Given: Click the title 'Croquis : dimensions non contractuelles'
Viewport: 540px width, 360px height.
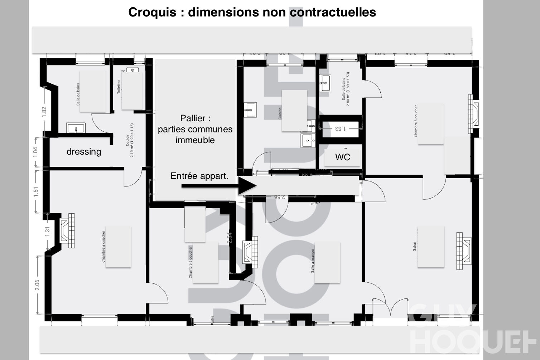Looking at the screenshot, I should (x=252, y=12).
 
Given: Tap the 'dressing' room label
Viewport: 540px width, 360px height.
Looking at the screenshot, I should (x=84, y=151).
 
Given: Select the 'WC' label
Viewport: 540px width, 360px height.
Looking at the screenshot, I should (x=342, y=157).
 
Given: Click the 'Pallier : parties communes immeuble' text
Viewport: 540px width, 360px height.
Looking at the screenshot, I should (x=195, y=129).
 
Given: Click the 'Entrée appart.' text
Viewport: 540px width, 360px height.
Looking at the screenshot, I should (x=199, y=176).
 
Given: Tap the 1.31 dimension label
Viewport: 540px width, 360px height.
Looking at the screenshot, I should (x=48, y=231).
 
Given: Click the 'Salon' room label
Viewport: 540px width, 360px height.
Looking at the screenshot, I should (x=415, y=246).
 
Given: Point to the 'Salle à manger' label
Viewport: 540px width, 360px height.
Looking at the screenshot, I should (x=313, y=261).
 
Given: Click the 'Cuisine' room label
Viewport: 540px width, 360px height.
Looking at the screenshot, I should (x=280, y=113).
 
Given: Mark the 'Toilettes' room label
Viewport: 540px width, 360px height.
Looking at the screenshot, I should (x=119, y=87).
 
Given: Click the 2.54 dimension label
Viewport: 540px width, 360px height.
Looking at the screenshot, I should (x=230, y=238).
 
